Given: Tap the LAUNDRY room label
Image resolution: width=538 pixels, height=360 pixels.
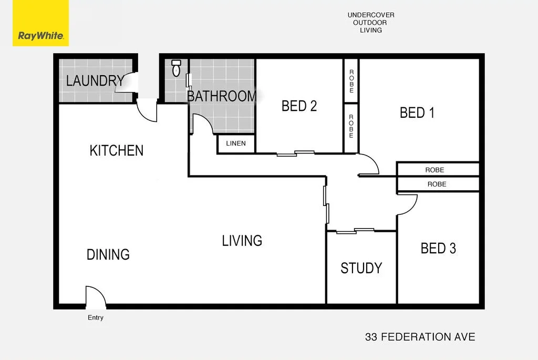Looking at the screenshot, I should click(x=95, y=81).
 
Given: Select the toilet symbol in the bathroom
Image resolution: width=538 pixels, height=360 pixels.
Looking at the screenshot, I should click(x=177, y=68).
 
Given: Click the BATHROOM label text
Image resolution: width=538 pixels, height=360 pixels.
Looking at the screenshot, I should click(x=222, y=96).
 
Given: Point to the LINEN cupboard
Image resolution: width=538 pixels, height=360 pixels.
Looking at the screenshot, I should click(x=236, y=143).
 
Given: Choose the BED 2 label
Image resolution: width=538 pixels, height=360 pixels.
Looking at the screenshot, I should click(x=299, y=106).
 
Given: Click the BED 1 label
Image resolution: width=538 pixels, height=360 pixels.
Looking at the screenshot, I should click(x=417, y=112).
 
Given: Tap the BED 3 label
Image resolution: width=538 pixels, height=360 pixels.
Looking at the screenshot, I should click(x=438, y=248).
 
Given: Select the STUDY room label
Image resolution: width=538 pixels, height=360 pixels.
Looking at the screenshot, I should click(x=361, y=268).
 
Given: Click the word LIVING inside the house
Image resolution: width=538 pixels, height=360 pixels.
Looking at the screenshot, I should click(x=242, y=241).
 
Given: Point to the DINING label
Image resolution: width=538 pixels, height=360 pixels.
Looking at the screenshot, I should click(x=108, y=254).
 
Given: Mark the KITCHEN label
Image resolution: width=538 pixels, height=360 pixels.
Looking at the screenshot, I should click(x=117, y=150).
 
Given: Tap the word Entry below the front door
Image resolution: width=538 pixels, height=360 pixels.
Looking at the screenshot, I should click(x=96, y=317).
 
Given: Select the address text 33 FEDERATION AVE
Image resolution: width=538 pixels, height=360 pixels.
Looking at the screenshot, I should click(x=420, y=337).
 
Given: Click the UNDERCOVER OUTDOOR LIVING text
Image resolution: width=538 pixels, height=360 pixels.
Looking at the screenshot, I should click(x=371, y=23).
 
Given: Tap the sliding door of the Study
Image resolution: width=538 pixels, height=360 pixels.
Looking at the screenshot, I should click(x=355, y=230).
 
